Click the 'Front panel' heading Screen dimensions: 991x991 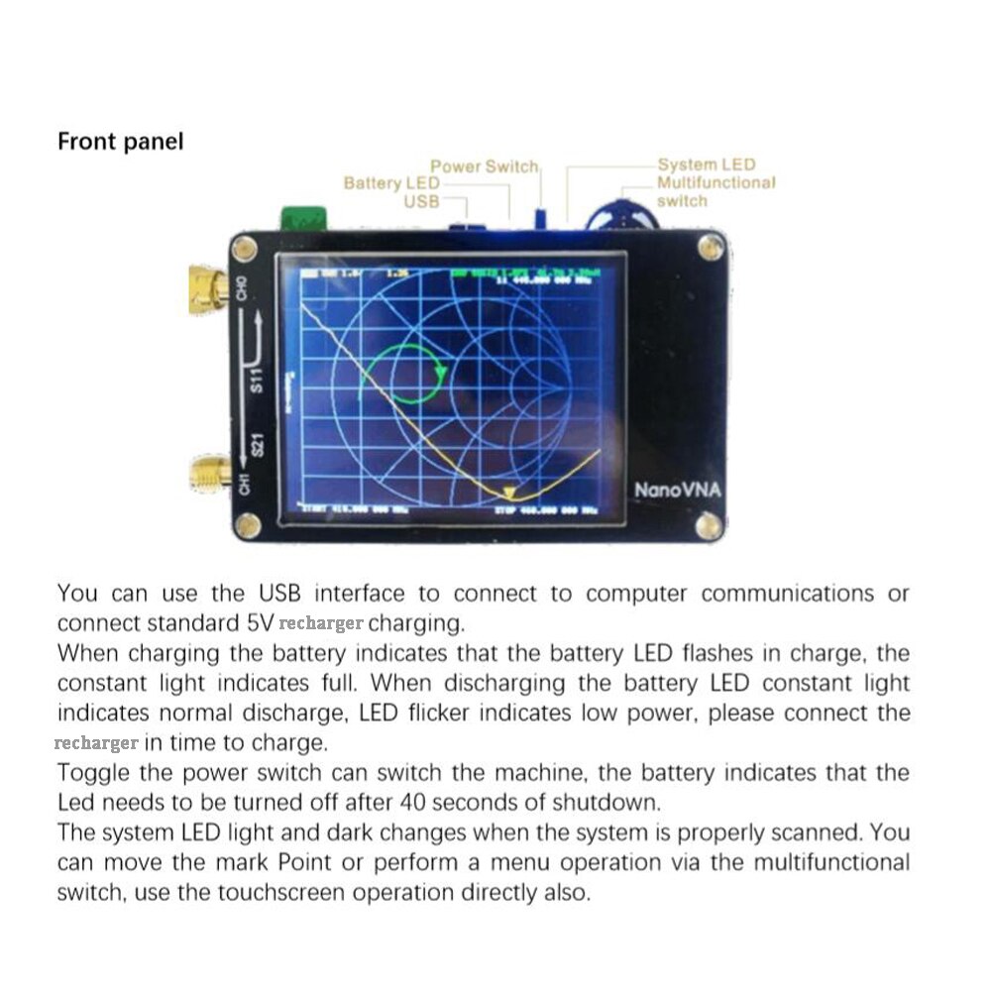click(x=121, y=142)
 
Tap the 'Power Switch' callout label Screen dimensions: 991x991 click(x=484, y=166)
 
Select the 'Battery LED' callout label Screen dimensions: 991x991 click(x=391, y=183)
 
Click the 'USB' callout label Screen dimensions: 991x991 click(x=421, y=201)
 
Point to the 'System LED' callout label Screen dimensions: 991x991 click(x=706, y=165)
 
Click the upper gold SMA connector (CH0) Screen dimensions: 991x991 click(x=207, y=287)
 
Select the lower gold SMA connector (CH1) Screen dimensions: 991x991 click(x=207, y=477)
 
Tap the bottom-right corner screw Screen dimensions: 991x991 click(x=709, y=524)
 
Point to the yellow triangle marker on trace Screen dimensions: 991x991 click(x=508, y=492)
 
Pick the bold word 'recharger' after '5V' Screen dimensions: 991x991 click(x=321, y=624)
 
